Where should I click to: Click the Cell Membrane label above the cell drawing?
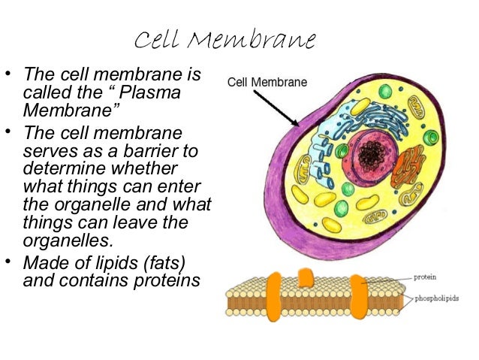(x=267, y=82)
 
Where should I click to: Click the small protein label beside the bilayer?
(x=425, y=277)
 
